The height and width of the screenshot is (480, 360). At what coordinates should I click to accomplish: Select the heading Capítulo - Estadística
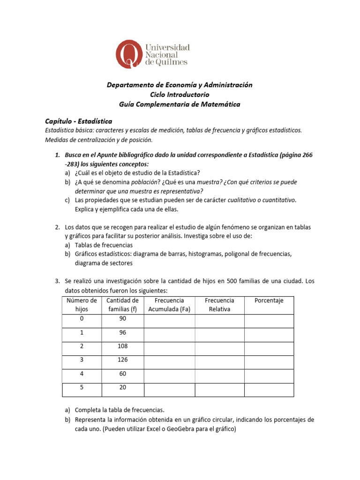[x=79, y=121]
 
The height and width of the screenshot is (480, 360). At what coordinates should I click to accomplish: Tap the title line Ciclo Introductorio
[x=180, y=94]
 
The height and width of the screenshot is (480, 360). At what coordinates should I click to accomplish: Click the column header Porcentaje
[x=269, y=300]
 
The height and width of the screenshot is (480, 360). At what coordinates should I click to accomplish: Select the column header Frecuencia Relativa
[x=219, y=305]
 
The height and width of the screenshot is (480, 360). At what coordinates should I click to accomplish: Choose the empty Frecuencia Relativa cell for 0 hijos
[x=219, y=321]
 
